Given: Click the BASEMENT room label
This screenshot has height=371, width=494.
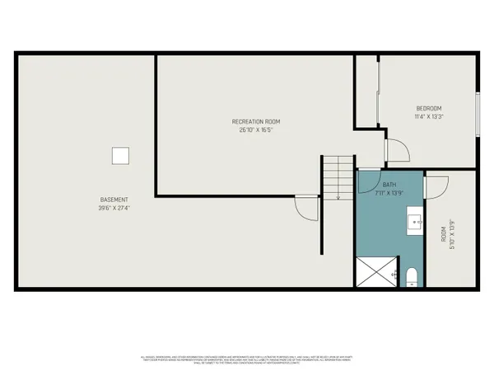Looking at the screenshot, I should click(114, 200).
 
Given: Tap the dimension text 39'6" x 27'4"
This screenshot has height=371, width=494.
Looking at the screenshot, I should click(114, 208).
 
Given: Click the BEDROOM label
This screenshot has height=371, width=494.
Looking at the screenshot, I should click(428, 109).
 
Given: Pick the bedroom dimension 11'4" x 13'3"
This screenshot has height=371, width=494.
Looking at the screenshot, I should click(428, 117).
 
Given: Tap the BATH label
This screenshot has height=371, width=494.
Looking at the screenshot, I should click(389, 185).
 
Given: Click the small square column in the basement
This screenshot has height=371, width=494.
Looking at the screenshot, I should click(121, 155).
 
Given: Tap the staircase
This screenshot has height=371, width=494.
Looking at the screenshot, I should click(338, 178).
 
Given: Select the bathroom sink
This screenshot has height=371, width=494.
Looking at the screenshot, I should click(415, 220).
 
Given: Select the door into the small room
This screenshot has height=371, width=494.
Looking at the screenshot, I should click(437, 185).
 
